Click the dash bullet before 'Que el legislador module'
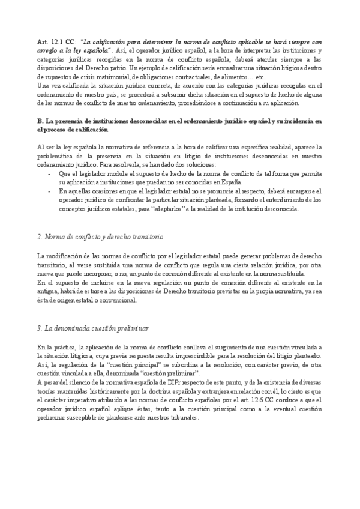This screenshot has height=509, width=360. coord(49,173)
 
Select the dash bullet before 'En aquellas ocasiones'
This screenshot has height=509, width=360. coord(49,191)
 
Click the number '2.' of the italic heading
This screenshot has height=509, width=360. coord(40,238)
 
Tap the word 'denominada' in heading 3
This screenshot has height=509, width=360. coord(71,329)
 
